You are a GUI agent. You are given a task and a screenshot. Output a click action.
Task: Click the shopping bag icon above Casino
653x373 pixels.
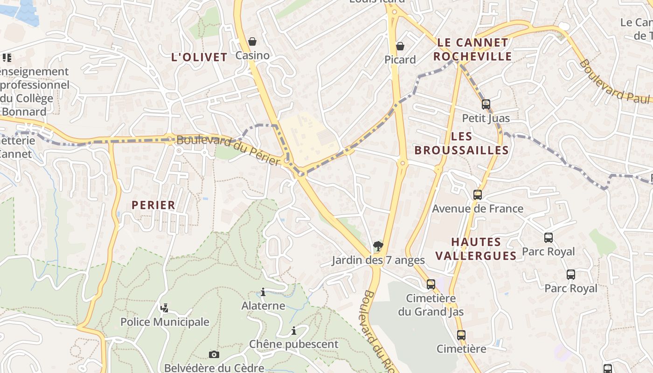[252, 42]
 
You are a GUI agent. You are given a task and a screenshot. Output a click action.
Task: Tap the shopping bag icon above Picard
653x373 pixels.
[400, 46]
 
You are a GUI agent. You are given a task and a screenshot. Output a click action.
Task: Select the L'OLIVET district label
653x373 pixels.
[200, 57]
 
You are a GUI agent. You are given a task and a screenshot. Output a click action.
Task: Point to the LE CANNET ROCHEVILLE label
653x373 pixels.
[472, 49]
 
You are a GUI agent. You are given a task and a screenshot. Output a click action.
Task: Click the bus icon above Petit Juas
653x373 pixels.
[486, 104]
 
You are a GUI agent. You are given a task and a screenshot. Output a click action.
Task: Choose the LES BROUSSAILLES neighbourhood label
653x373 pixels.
[461, 143]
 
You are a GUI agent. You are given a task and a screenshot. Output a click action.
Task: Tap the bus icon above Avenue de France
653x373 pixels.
[478, 195]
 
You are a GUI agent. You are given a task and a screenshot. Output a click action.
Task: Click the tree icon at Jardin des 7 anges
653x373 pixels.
[378, 246]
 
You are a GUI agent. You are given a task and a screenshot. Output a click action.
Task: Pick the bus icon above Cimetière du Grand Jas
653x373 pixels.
[431, 284]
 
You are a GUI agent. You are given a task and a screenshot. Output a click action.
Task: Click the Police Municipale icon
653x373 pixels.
[164, 308]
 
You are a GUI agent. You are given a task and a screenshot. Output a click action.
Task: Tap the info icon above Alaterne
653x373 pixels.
[263, 292]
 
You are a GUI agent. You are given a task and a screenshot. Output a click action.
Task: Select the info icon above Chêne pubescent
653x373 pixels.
[294, 331]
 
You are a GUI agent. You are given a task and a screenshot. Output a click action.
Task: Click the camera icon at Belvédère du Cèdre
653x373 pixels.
[214, 355]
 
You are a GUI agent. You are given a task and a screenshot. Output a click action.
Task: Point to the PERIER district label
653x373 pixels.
[153, 205]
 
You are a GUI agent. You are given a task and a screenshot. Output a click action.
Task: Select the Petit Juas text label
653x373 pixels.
[486, 118]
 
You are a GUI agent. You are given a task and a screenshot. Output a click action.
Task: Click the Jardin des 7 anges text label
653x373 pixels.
[378, 260]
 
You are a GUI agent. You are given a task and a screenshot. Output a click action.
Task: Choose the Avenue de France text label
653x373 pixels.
[478, 208]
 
